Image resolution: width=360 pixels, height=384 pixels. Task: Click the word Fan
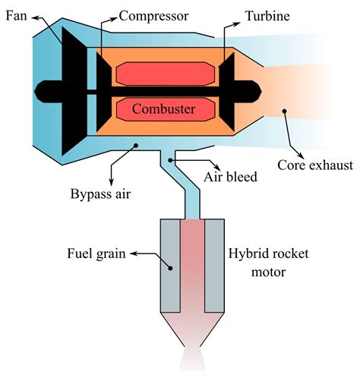point(16,14)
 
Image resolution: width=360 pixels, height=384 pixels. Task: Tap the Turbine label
point(267,14)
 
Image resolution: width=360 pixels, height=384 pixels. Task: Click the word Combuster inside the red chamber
point(163,109)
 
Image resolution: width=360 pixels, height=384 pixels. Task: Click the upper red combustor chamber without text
point(163,74)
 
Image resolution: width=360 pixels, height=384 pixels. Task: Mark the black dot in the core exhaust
point(284,112)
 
